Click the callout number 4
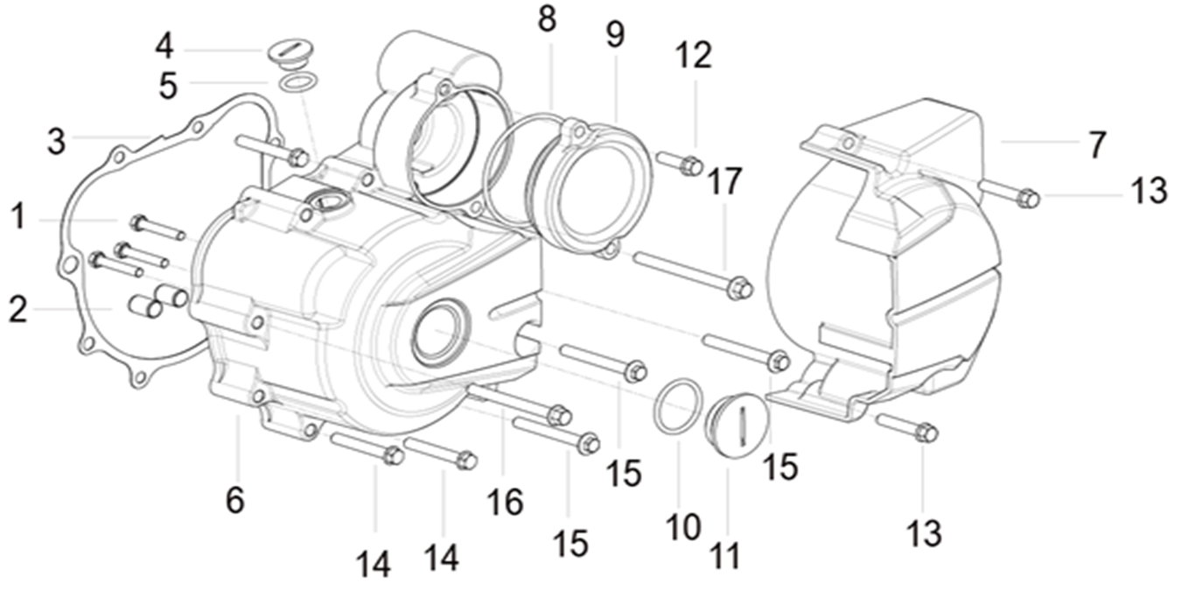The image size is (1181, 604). point(164,47)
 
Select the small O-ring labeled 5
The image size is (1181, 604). point(298,82)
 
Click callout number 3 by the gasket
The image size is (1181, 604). point(56,142)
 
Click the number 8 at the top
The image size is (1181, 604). point(548,19)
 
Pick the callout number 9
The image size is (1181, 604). point(615,35)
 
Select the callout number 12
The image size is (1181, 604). point(694,56)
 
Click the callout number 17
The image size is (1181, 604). point(724,181)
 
